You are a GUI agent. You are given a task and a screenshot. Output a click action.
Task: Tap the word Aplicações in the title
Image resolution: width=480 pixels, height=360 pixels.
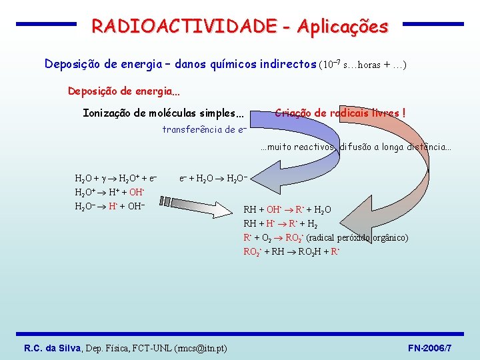pos(343,27)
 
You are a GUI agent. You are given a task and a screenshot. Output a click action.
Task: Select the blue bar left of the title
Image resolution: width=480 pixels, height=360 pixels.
pos(46,24)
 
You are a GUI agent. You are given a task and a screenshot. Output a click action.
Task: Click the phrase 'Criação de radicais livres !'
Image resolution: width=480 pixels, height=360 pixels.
pos(340,113)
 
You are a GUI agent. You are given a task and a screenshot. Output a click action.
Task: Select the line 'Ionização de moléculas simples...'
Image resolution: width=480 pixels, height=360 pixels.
pos(163,113)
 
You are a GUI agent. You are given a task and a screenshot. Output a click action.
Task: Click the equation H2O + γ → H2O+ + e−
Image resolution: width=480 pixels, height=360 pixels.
pos(116,179)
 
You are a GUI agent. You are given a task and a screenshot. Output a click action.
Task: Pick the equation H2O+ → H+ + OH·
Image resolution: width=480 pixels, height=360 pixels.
pos(110,192)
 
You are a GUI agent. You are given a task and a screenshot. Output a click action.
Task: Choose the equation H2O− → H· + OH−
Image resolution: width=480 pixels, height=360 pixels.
pos(109,206)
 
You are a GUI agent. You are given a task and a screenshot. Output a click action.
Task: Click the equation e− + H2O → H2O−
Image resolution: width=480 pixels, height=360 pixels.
pos(213,179)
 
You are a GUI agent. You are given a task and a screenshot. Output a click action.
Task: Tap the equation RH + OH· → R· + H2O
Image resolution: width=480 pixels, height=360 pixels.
pos(287,210)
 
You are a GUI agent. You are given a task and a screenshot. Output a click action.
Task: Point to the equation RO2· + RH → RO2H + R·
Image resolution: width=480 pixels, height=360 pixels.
pos(292,251)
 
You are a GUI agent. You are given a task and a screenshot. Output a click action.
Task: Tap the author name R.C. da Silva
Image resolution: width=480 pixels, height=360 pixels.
pos(53,348)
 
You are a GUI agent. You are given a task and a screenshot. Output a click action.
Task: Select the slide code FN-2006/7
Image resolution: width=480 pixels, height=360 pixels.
pos(429,348)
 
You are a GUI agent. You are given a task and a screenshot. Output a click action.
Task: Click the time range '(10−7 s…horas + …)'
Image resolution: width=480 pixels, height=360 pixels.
pos(364,65)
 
